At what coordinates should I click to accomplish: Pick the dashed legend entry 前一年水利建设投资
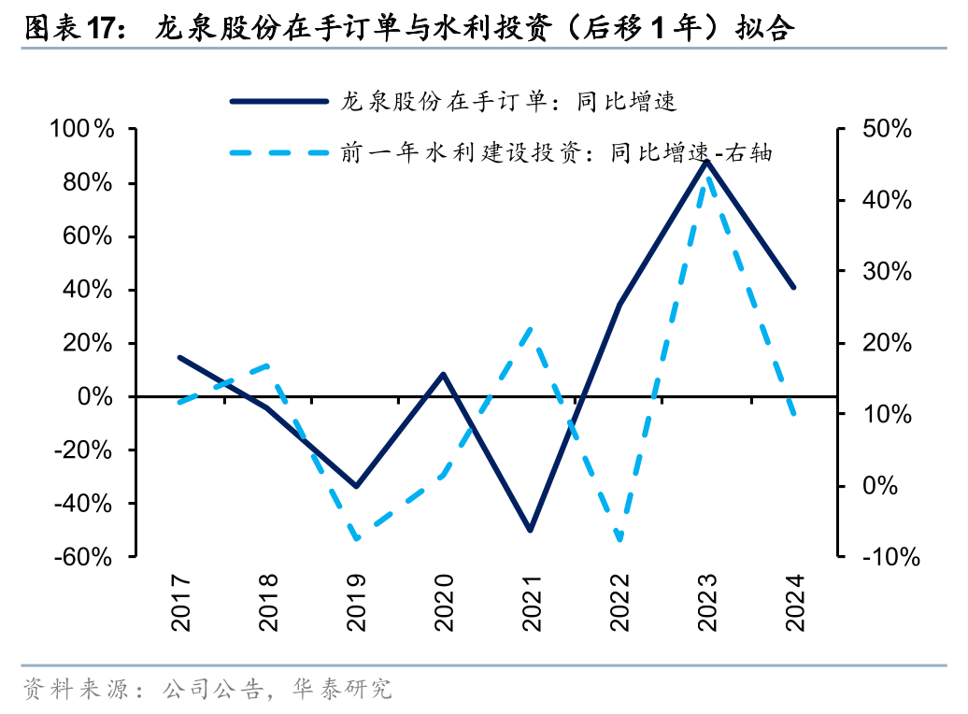pyautogui.click(x=557, y=152)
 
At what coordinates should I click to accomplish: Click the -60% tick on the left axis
pyautogui.click(x=81, y=557)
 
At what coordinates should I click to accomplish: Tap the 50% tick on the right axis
pyautogui.click(x=886, y=130)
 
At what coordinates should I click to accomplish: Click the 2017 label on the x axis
pyautogui.click(x=180, y=603)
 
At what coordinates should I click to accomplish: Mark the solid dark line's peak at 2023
pyautogui.click(x=707, y=162)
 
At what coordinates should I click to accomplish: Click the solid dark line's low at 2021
pyautogui.click(x=531, y=530)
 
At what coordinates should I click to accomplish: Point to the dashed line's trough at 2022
pyautogui.click(x=619, y=540)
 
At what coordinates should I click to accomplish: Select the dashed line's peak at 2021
pyautogui.click(x=531, y=329)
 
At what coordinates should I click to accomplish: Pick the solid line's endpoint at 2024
pyautogui.click(x=794, y=287)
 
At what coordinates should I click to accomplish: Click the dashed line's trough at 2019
pyautogui.click(x=356, y=539)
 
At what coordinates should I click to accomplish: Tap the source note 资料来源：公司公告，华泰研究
pyautogui.click(x=206, y=691)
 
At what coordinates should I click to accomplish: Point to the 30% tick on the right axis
pyautogui.click(x=886, y=272)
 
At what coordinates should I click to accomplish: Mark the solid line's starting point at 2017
pyautogui.click(x=179, y=357)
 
